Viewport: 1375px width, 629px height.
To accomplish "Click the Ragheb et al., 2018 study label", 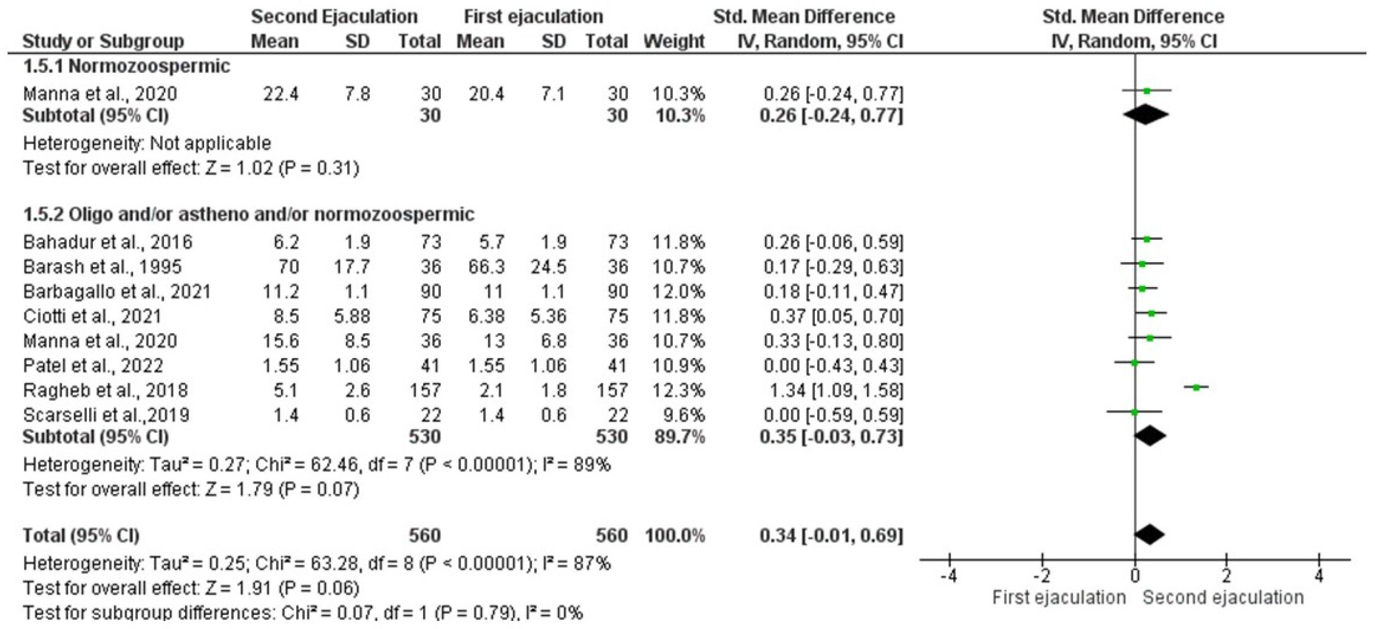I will [x=105, y=391].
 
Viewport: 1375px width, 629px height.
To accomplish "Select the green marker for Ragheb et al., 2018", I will [x=1196, y=388].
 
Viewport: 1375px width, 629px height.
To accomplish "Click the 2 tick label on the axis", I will [x=1227, y=577].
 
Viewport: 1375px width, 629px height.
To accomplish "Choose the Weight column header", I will [x=674, y=41].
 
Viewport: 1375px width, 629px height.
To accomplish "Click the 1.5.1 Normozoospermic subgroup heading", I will [x=127, y=66].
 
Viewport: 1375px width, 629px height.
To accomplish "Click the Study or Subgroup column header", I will [x=103, y=41].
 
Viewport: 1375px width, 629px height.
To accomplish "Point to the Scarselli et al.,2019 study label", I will [x=106, y=415].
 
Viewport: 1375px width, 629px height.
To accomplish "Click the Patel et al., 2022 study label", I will [x=93, y=366].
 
